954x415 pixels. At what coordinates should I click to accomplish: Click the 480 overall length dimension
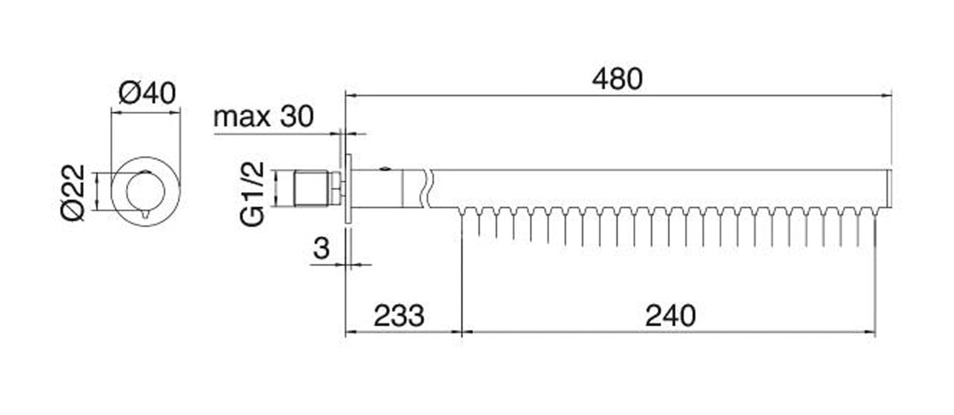click(x=617, y=79)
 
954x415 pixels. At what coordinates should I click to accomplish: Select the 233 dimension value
click(x=399, y=316)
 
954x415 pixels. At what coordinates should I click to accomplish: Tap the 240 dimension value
click(x=670, y=316)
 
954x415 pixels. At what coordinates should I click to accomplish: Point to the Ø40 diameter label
click(x=147, y=93)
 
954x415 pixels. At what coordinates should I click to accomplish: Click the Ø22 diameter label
click(x=73, y=193)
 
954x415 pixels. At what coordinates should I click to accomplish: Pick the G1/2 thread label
click(x=252, y=194)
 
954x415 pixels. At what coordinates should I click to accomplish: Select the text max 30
click(x=263, y=116)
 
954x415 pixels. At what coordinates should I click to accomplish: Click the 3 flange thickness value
click(x=322, y=248)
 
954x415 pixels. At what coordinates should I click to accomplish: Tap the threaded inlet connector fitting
click(x=312, y=189)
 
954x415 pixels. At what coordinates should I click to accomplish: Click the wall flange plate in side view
click(x=349, y=188)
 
